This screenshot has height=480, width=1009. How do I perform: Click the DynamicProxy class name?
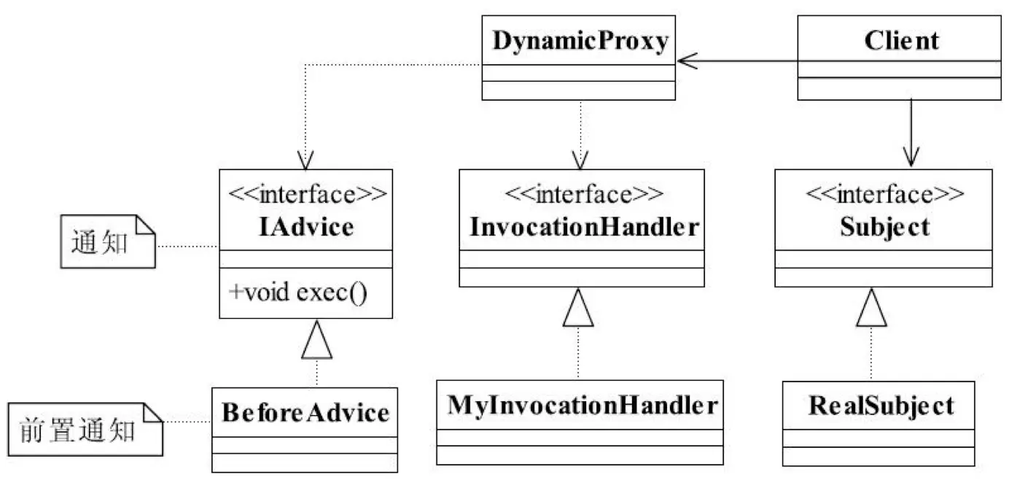(580, 42)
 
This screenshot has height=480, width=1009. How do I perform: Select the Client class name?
(901, 41)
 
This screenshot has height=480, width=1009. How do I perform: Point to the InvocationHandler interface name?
(581, 227)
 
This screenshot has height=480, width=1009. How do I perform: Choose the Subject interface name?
(884, 227)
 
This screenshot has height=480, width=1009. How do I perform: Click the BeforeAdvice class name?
(305, 414)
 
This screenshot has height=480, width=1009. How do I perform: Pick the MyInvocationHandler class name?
(580, 405)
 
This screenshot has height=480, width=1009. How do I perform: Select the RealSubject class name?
(880, 405)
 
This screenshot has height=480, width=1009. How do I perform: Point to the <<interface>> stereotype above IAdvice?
(306, 195)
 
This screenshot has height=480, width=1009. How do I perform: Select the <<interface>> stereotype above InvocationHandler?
(583, 195)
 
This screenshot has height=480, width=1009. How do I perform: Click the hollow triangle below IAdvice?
(317, 342)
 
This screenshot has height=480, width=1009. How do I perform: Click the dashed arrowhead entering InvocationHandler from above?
(580, 160)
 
